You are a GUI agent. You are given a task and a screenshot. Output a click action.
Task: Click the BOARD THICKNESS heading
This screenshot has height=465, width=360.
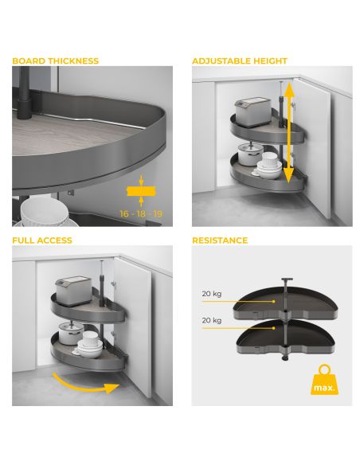pyautogui.click(x=56, y=61)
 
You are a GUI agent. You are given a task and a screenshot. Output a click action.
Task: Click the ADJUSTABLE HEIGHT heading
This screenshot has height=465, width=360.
pyautogui.click(x=240, y=61)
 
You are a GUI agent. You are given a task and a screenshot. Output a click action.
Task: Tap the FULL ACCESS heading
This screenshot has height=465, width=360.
pyautogui.click(x=42, y=240)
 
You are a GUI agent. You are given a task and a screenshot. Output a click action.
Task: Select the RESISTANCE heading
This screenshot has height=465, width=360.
pyautogui.click(x=220, y=240)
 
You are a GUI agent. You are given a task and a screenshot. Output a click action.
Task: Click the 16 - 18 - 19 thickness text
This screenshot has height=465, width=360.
pyautogui.click(x=141, y=214)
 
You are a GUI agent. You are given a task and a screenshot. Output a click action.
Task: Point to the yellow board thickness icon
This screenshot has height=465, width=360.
pyautogui.click(x=141, y=191)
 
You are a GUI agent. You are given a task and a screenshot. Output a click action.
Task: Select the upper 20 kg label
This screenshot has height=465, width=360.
pyautogui.click(x=212, y=294)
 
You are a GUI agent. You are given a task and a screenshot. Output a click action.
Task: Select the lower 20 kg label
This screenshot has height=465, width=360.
pyautogui.click(x=212, y=321)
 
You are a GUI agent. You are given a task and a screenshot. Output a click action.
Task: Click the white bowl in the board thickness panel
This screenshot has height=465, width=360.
pyautogui.click(x=45, y=211)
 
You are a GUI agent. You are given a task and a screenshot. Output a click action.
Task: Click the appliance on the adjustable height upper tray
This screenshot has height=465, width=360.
pyautogui.click(x=253, y=112)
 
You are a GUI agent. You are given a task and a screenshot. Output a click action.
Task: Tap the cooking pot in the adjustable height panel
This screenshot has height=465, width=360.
pyautogui.click(x=249, y=154)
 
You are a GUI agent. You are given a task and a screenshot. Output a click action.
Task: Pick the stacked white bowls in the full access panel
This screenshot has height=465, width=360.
pyautogui.click(x=90, y=345)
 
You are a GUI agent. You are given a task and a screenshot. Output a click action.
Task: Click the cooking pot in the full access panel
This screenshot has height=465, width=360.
pyautogui.click(x=70, y=333)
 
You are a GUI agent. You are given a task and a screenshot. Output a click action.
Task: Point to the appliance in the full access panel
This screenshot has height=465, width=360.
pyautogui.click(x=73, y=291)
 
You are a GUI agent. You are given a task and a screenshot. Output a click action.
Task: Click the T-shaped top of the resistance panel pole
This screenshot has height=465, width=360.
pyautogui.click(x=287, y=279)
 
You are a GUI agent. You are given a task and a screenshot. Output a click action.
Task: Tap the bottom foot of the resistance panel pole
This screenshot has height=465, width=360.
pyautogui.click(x=285, y=358)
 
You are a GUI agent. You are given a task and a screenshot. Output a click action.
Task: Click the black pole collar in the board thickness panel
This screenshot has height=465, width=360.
pyautogui.click(x=24, y=108)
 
